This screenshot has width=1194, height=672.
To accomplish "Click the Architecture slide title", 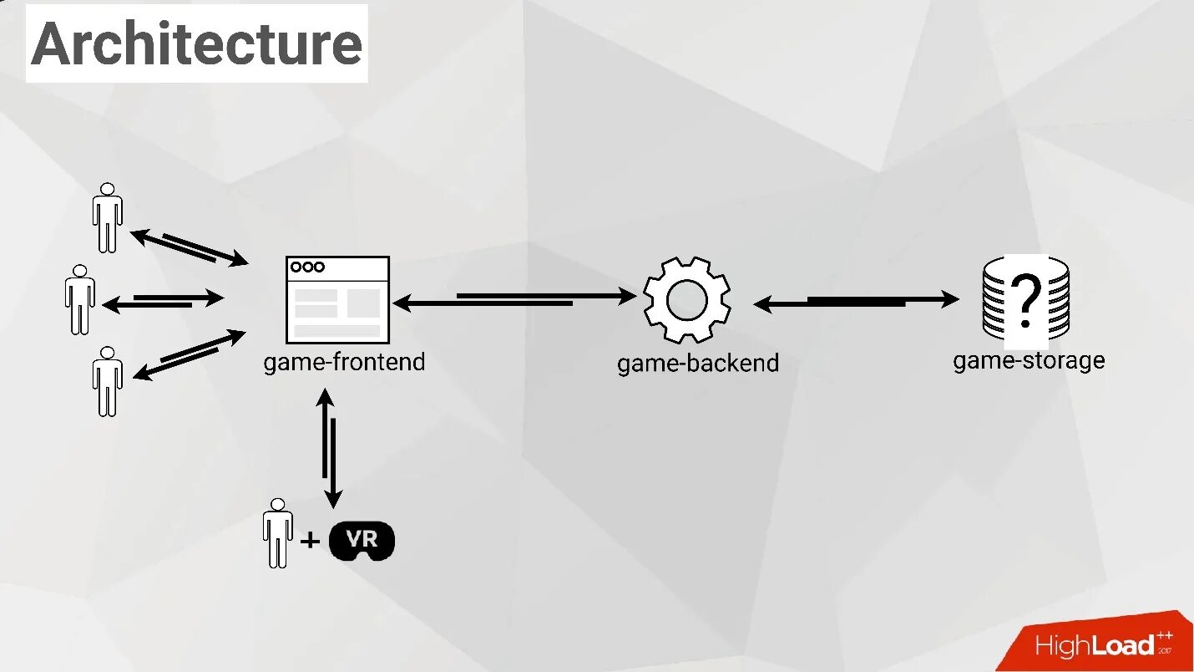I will [197, 43].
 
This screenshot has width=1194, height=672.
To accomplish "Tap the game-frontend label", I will [344, 363].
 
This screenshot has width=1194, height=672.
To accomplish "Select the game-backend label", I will [698, 364].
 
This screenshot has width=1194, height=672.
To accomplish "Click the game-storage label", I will [1029, 360].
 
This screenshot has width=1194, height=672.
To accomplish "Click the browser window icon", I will [337, 299].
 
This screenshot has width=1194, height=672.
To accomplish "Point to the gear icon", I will [687, 299].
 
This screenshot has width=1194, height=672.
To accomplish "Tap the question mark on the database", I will [1026, 302].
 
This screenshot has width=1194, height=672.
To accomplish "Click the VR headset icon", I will [362, 541].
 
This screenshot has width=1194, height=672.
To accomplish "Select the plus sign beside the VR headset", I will [310, 541].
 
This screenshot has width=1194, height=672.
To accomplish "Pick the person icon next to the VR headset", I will [277, 533].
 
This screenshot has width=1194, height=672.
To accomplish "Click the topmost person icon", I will [107, 217].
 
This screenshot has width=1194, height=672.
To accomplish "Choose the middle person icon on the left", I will [79, 299].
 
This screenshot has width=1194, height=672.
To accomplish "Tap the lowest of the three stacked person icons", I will [107, 381].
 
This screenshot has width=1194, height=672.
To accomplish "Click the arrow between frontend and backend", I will [514, 298].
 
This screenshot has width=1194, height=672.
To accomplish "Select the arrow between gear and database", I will [856, 301].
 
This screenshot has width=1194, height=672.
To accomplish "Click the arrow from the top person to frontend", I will [190, 247].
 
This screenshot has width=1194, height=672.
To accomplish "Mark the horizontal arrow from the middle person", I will [163, 300].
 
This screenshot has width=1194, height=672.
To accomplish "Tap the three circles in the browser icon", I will [306, 267].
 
